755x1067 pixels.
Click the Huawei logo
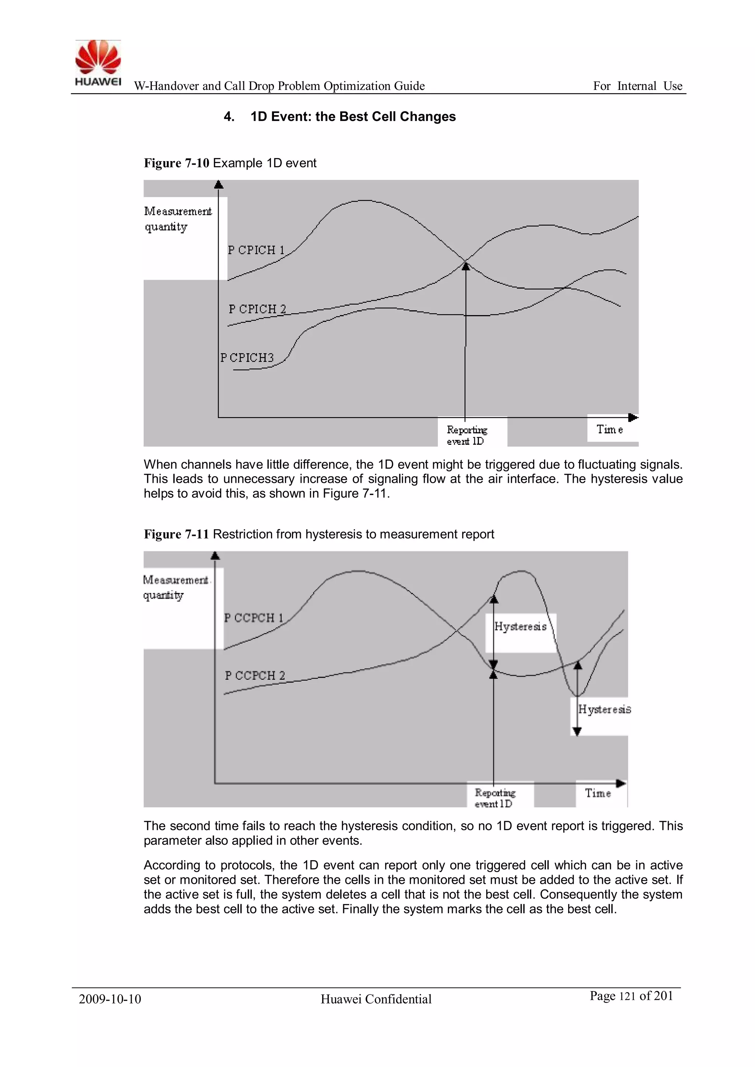pyautogui.click(x=98, y=63)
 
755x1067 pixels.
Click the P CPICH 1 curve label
pyautogui.click(x=256, y=250)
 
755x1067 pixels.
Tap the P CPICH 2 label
pyautogui.click(x=257, y=309)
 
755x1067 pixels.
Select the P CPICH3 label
pyautogui.click(x=247, y=358)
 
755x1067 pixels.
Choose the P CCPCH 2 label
pyautogui.click(x=255, y=675)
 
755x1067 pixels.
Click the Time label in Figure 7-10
pyautogui.click(x=609, y=429)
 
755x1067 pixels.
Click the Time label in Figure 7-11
pyautogui.click(x=598, y=793)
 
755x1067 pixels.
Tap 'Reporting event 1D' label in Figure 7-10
pyautogui.click(x=466, y=435)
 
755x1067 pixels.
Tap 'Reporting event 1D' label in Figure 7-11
pyautogui.click(x=494, y=798)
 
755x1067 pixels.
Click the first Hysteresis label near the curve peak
pyautogui.click(x=520, y=627)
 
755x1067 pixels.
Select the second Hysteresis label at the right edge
pyautogui.click(x=604, y=709)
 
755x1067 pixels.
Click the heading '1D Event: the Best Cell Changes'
pyautogui.click(x=353, y=116)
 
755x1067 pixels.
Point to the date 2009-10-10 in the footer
pyautogui.click(x=110, y=999)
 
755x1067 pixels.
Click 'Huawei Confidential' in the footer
pyautogui.click(x=376, y=999)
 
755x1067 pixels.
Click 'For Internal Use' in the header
pyautogui.click(x=637, y=86)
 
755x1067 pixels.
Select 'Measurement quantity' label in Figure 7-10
pyautogui.click(x=178, y=219)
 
